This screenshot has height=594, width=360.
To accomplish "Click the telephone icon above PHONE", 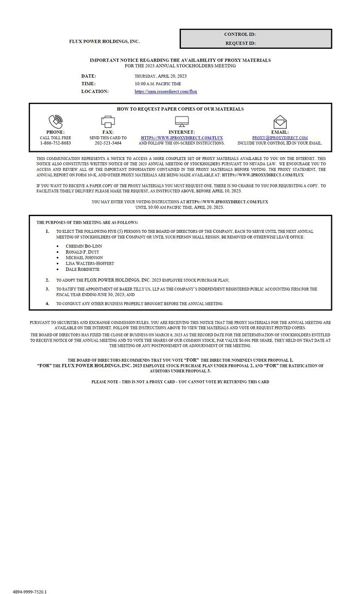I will point(56,122).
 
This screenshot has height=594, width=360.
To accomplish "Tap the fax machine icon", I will point(108,122).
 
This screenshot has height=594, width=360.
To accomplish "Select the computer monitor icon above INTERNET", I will point(182,122).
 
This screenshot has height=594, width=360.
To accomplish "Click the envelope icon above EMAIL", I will point(280,122).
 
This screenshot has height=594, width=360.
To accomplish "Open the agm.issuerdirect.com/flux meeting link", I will point(166,92).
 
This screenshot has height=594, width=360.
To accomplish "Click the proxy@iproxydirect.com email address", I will point(280,138).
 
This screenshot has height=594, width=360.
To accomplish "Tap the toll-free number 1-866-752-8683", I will point(55,143).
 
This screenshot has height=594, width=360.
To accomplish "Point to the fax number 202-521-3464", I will point(108,143).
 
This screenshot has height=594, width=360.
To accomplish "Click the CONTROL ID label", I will point(240,34).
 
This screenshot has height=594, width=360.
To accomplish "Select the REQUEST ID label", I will point(240,43).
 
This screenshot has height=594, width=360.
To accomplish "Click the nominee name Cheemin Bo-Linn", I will point(84,246).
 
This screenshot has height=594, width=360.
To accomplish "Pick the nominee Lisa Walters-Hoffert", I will point(90,263).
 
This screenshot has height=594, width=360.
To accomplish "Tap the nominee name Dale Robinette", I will point(82,269).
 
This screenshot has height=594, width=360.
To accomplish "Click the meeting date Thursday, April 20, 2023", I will point(160,76).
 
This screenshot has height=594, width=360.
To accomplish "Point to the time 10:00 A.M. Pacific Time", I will point(157,84).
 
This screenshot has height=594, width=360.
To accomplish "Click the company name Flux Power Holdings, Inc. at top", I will point(104,41).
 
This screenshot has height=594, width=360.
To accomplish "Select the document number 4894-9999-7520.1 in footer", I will point(29,592).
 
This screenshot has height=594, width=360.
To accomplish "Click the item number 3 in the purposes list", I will point(47,289).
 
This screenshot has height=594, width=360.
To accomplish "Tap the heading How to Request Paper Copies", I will point(180,109).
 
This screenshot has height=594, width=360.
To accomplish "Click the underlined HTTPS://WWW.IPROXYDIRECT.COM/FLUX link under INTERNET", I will point(182,138).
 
